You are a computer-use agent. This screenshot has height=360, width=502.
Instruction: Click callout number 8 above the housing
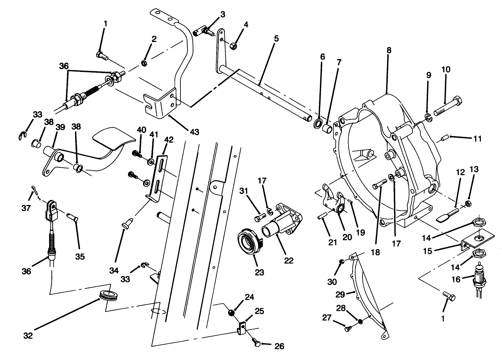tap(389, 50)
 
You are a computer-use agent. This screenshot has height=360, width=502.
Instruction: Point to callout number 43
tap(194, 132)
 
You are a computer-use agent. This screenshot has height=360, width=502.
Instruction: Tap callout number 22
tap(289, 261)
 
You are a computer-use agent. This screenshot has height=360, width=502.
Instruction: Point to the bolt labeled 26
tap(256, 343)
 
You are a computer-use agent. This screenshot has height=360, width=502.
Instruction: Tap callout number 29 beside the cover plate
tap(340, 294)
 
